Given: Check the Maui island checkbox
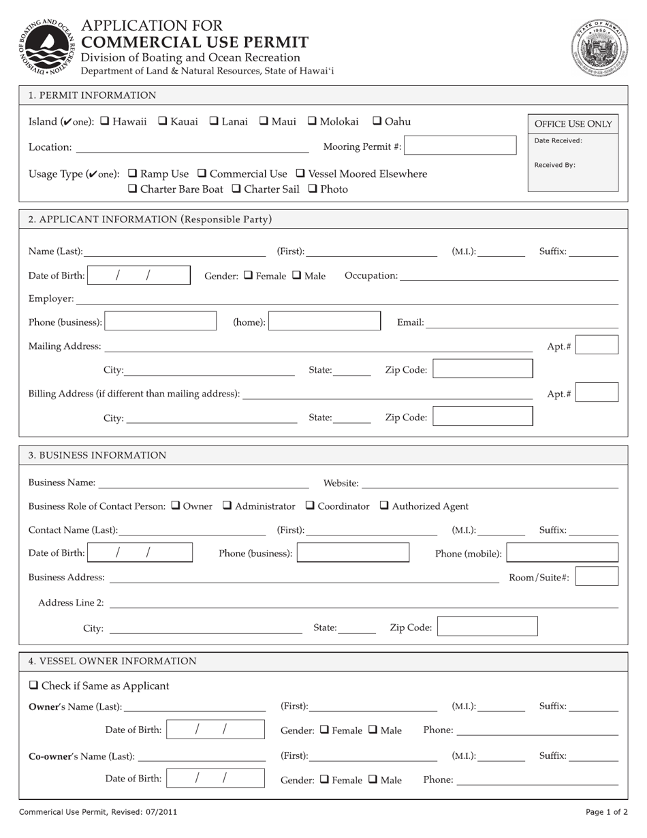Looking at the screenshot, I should [264, 121].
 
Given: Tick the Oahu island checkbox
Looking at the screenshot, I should [377, 121].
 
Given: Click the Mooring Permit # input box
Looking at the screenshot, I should [460, 146].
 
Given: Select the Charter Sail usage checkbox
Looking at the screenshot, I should [236, 189].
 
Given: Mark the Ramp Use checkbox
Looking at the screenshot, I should [133, 174].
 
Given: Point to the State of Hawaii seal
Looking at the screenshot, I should [599, 48].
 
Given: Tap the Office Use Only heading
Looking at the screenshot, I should [573, 124].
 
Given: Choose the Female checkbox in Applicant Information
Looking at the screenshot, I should [249, 276].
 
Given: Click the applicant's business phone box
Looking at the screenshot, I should [161, 322].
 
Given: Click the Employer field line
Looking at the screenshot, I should [347, 299].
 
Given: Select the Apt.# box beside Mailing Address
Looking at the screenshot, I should [597, 345].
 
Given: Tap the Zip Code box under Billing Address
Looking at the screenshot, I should [483, 416].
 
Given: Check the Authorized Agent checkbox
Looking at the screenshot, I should [384, 506].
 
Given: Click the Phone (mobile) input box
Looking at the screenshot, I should [563, 553].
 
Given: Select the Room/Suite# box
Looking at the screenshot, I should [597, 576].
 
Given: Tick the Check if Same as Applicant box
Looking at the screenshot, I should [33, 685].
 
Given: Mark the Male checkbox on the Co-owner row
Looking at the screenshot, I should [373, 779].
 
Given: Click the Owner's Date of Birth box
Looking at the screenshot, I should [215, 730].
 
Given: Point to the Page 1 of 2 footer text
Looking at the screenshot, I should [606, 811].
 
